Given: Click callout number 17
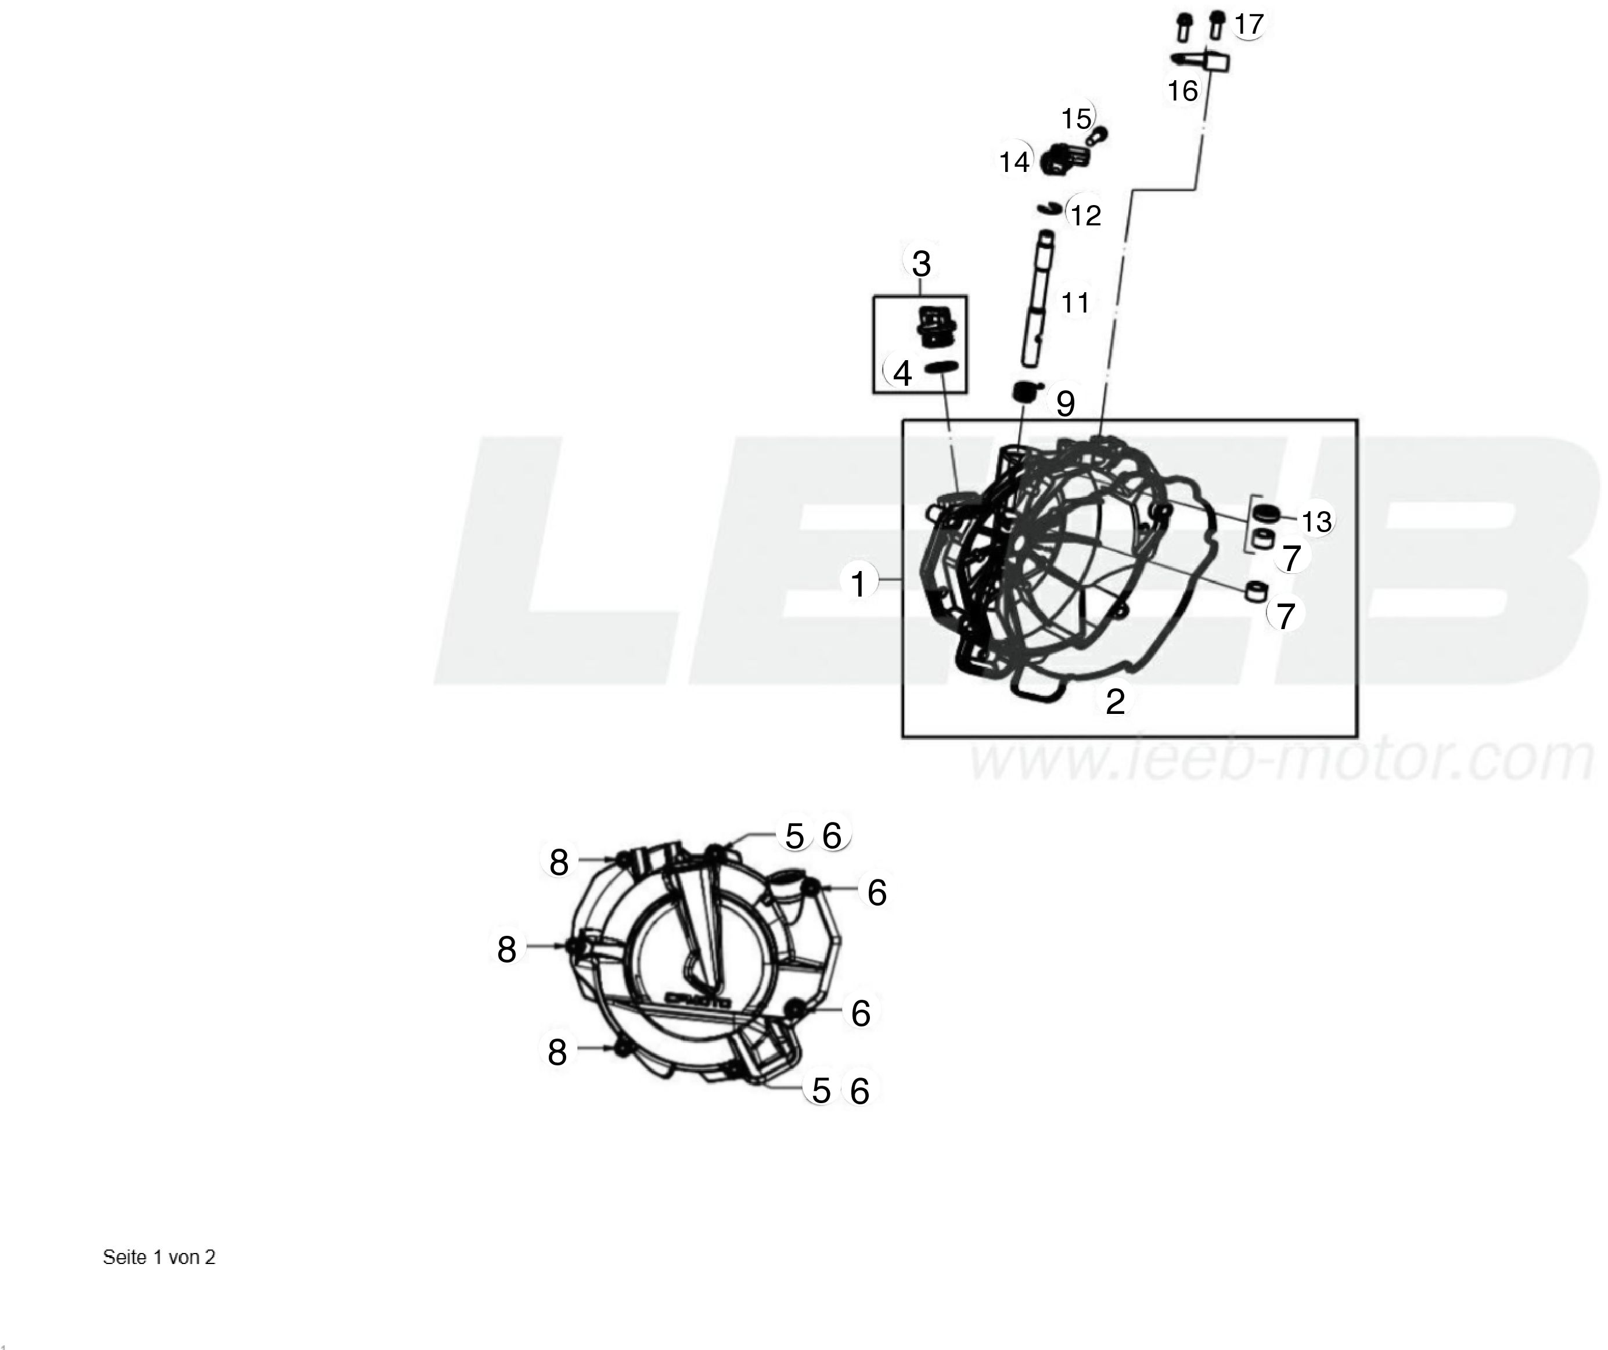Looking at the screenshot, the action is pos(1248,24).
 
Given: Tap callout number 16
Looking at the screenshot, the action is pos(1182,91).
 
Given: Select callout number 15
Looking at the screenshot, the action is pos(1076,119).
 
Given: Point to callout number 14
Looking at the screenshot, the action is pos(1015,162).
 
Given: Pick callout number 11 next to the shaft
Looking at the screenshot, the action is pos(1075,303).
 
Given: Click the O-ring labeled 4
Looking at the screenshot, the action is pos(941,368).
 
